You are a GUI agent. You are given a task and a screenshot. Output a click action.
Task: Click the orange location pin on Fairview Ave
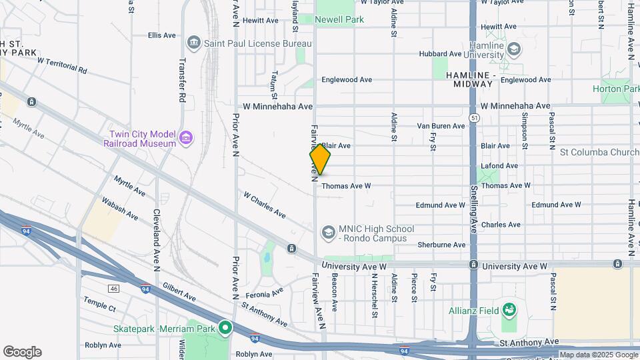coord(320,160)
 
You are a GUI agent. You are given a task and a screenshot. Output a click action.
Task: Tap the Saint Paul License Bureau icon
coord(194,43)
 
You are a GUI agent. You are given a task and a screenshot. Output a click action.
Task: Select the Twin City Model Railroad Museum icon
coord(186,138)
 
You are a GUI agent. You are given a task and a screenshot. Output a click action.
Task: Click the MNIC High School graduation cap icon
coord(327,232)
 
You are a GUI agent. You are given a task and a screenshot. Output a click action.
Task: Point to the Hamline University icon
coord(513,49)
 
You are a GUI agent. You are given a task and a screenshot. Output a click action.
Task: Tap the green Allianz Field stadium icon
coord(509,309)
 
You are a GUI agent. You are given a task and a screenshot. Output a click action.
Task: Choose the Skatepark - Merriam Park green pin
coord(225,329)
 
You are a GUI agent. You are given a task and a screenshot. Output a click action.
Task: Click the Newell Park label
coord(339,20)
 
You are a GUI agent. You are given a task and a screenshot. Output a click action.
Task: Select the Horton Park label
coord(616,89)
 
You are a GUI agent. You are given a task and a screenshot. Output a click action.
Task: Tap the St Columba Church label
coord(599,152)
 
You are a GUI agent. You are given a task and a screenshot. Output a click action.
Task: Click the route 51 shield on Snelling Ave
coord(474,118)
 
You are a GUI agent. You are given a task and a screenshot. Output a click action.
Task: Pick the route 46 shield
coord(114,288)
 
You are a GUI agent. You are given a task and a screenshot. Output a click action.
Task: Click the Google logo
coord(22,352)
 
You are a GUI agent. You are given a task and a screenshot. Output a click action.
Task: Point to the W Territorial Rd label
coord(62,65)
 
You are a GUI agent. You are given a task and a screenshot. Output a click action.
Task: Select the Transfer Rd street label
coord(181,79)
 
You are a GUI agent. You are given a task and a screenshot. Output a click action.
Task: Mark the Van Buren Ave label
coord(441,126)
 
